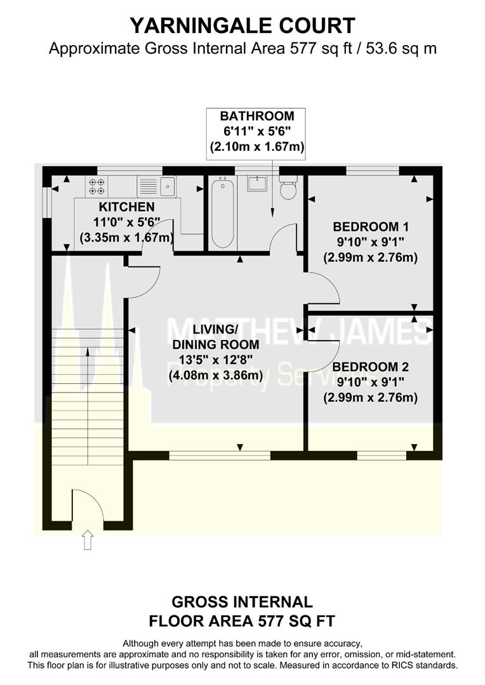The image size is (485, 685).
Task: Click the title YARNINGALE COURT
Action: pos(242,25)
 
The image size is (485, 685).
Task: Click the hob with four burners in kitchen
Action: pos(96,186)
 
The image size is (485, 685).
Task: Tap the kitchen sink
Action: pos(168,186)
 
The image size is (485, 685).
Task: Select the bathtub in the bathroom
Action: pos(222,212)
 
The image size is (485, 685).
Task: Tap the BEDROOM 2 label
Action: pos(370,367)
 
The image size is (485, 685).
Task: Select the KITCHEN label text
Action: pos(126,207)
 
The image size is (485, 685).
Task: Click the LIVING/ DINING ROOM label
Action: pos(215,337)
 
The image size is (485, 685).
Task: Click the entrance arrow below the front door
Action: pos(88,541)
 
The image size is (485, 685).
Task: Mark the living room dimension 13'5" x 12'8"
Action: pos(215,360)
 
